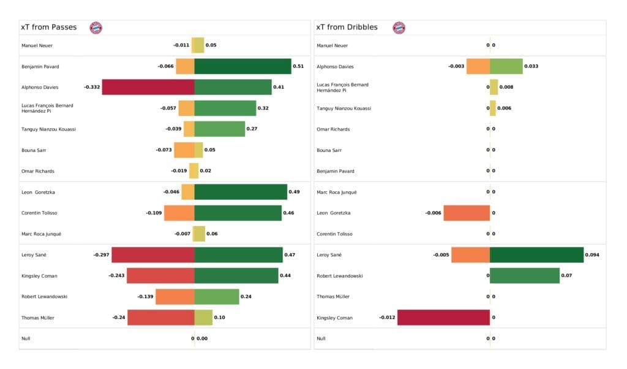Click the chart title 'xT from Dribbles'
[x=346, y=28]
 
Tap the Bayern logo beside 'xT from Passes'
[x=96, y=28]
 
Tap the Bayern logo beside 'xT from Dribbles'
[x=399, y=28]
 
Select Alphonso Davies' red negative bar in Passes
[x=148, y=87]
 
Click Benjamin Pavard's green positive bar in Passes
[x=242, y=66]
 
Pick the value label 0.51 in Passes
[x=298, y=66]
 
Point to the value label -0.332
[x=90, y=87]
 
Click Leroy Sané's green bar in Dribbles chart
[x=536, y=254]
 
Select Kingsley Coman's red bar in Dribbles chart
[x=443, y=318]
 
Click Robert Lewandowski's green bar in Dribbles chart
[x=524, y=276]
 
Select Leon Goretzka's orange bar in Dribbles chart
[x=467, y=213]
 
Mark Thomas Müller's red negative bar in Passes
[x=161, y=318]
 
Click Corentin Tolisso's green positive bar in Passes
[x=238, y=213]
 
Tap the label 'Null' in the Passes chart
[x=26, y=338]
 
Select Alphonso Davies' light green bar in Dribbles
[x=506, y=66]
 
